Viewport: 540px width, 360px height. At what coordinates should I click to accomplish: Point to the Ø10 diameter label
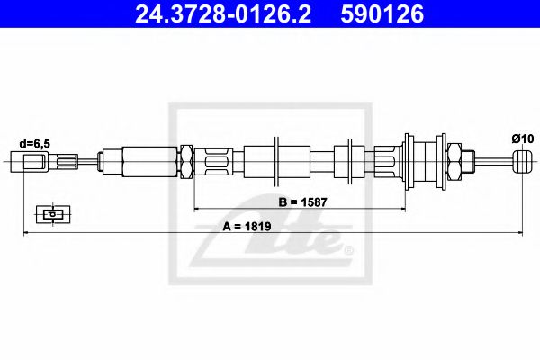(521, 138)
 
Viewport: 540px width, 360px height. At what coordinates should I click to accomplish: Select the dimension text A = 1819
(249, 225)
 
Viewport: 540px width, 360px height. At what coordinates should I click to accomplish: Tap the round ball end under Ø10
(522, 163)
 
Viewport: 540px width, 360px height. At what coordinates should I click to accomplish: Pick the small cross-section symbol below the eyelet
(53, 214)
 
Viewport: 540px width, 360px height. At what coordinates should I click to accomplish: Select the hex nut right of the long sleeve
(187, 163)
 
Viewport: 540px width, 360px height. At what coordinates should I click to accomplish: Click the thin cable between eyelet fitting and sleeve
(87, 163)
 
